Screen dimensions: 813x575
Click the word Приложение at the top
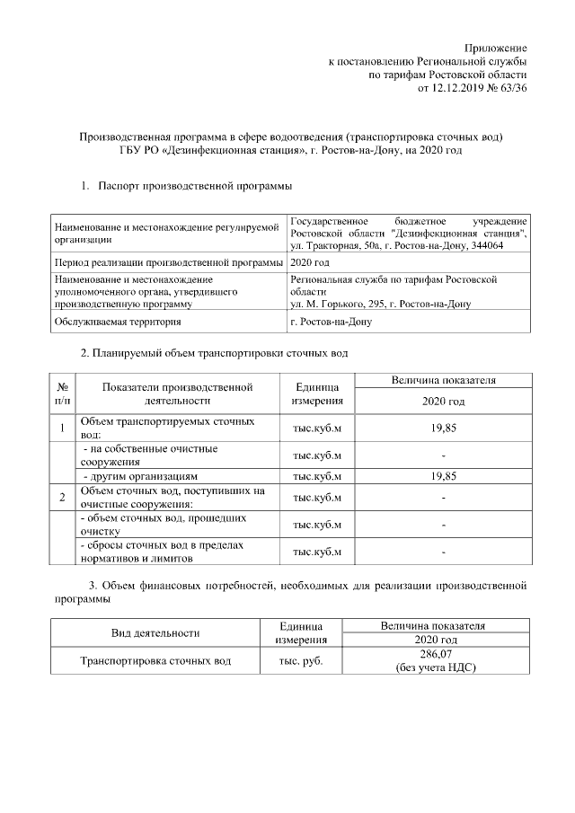click(x=495, y=47)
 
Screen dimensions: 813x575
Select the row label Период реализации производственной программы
click(x=167, y=262)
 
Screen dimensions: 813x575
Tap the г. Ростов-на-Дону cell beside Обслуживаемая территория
click(x=331, y=321)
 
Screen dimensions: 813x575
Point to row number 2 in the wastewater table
click(x=62, y=497)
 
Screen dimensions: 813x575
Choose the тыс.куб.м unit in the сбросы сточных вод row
click(x=318, y=551)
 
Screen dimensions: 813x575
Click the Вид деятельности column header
click(x=155, y=632)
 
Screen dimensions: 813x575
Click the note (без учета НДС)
click(x=435, y=667)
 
